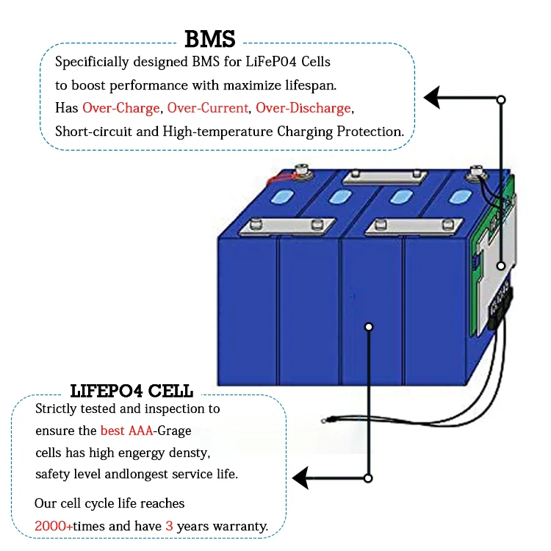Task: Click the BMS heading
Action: pos(210,39)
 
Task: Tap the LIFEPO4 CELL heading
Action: pos(132,391)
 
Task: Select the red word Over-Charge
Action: pos(121,108)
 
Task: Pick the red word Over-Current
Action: pos(208,108)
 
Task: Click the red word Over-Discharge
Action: pos(303,108)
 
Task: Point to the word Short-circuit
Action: pos(93,132)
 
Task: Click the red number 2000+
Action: pos(54,526)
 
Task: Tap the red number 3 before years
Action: pos(170,526)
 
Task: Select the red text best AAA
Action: pos(126,431)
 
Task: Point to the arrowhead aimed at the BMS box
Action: pos(432,98)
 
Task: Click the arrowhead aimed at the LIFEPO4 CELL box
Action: pos(300,478)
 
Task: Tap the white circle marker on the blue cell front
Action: pos(369,327)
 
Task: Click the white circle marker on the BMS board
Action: pos(501,266)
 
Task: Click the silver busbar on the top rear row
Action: pos(385,178)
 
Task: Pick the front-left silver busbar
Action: pos(287,227)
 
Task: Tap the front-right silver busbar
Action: pos(414,227)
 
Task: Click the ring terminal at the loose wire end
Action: pos(324,420)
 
